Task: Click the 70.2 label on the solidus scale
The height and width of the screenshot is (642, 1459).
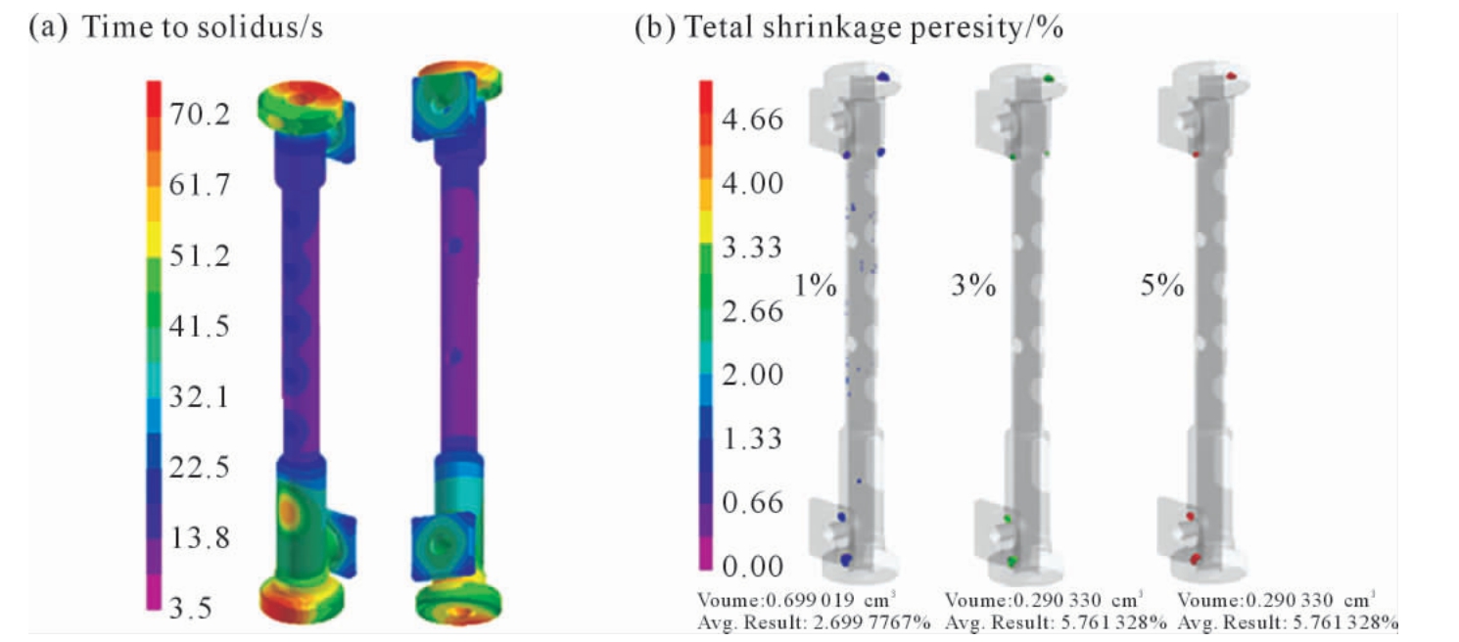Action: (x=200, y=114)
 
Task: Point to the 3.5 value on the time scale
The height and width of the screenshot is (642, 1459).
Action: (x=190, y=608)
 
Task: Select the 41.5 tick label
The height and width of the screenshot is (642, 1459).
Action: (x=200, y=326)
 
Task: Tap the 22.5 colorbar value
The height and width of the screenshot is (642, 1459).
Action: (x=200, y=467)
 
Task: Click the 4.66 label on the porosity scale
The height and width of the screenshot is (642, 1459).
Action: (x=752, y=119)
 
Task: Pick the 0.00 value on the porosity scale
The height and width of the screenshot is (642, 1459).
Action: (x=752, y=566)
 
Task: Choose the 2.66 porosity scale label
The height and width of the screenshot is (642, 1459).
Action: (x=752, y=310)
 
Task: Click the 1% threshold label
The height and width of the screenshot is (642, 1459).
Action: (x=815, y=285)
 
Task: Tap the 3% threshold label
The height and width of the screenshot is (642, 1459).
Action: (x=973, y=285)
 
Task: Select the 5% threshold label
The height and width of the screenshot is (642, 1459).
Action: (x=1162, y=285)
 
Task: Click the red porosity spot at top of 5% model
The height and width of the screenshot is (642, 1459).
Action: (x=1231, y=76)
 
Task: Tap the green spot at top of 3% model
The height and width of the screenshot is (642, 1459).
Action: (x=1049, y=78)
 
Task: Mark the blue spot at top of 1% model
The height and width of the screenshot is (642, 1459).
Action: (x=882, y=77)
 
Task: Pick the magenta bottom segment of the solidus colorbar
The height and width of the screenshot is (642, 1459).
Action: (x=154, y=592)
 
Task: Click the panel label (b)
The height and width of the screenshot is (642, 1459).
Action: (x=655, y=28)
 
